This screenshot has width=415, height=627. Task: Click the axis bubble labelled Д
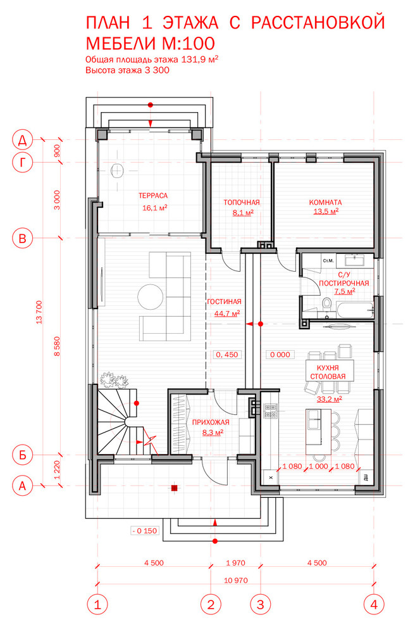point(23,140)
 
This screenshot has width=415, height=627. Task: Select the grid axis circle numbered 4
point(374,604)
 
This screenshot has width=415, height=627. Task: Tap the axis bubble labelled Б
point(23,455)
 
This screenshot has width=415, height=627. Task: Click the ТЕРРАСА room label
point(153,196)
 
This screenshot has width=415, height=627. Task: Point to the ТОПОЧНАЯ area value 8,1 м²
point(243,213)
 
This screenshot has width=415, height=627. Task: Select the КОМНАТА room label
point(326,202)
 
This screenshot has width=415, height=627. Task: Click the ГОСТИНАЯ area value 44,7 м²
point(227,313)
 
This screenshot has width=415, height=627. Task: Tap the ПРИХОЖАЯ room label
point(211,422)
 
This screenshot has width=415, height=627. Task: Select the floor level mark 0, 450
point(227,355)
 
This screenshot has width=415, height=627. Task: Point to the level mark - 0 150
point(145,531)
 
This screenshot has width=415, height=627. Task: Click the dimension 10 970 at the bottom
point(236,580)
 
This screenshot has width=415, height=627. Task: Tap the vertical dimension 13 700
point(39,312)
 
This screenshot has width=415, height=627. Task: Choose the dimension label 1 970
point(236,563)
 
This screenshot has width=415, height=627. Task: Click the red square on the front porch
point(175,488)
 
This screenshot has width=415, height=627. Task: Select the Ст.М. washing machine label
point(328,261)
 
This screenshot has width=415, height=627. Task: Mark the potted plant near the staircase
point(115,380)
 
